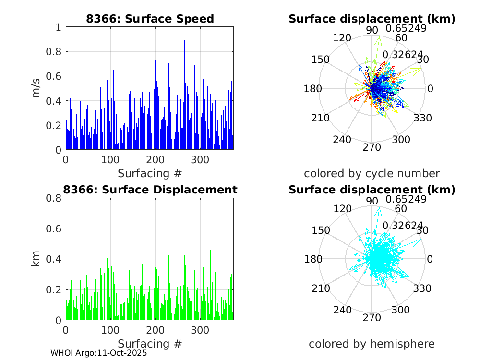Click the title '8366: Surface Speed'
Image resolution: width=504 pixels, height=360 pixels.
point(150,19)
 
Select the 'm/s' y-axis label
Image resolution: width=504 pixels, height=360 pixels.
point(36,89)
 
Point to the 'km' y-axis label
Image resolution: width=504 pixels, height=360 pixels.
point(36,259)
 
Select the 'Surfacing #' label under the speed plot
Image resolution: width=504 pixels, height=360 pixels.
point(150,173)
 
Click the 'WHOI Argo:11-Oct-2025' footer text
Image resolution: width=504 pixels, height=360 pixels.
point(98,353)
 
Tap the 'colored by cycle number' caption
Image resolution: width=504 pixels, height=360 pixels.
point(372,173)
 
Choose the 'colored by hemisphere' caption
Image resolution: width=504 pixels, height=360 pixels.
point(372,344)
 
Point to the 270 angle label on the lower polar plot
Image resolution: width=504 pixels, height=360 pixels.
point(372,318)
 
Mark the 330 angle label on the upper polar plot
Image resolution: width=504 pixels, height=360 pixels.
point(422,118)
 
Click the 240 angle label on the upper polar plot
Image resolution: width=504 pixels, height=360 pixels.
point(343,140)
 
